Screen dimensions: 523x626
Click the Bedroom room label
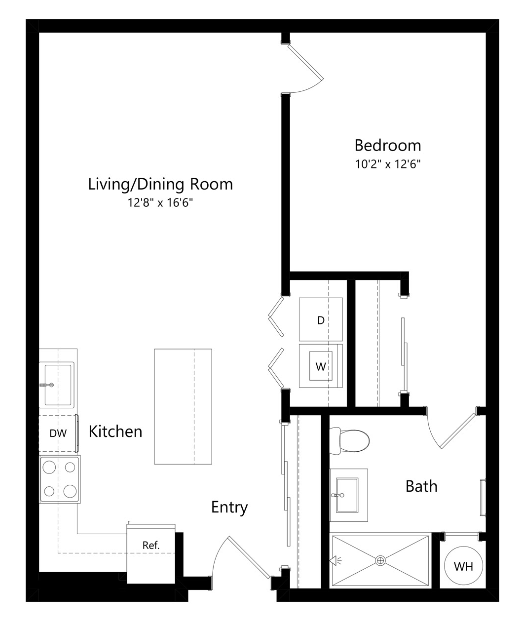[388, 146]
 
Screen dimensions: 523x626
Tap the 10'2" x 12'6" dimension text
[388, 164]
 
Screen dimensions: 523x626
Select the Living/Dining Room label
[160, 184]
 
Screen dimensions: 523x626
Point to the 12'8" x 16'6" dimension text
[160, 203]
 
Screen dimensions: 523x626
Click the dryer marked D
[321, 319]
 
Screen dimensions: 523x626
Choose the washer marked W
[321, 366]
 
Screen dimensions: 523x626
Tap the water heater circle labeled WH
[463, 566]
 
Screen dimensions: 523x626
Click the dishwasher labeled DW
[58, 433]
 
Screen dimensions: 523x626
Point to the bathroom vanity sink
[347, 495]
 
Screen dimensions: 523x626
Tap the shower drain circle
[380, 560]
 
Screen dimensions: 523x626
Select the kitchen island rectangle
[183, 406]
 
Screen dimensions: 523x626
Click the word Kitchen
[115, 431]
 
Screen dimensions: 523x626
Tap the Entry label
[229, 508]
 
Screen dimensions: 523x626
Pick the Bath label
[421, 486]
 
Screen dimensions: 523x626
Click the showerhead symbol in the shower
[335, 560]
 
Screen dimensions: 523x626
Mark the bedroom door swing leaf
[306, 62]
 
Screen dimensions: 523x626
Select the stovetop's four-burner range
[60, 479]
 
